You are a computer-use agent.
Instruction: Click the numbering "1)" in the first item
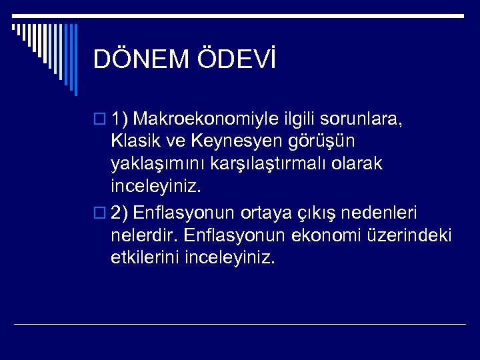tap(120, 119)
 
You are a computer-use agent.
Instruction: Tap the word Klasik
tap(136, 141)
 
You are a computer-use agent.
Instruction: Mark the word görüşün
tap(327, 141)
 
